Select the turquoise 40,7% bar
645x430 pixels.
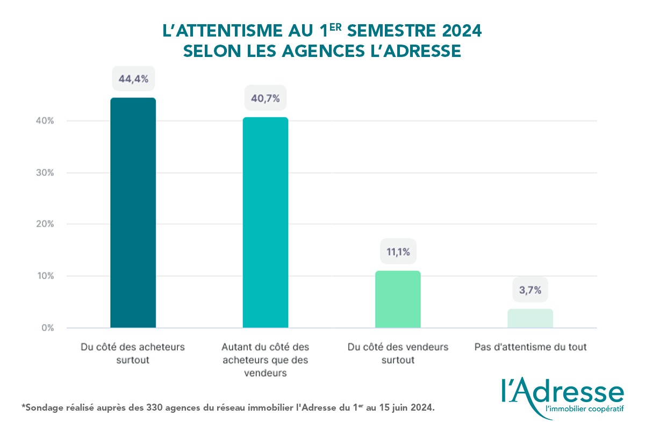[266, 223]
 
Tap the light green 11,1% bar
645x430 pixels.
[398, 299]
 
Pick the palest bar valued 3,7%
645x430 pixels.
[530, 318]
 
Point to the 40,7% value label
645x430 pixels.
[266, 99]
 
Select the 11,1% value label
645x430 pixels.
[398, 252]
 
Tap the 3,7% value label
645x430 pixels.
[530, 290]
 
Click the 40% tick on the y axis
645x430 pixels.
[45, 121]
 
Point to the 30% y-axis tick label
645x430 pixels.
[45, 173]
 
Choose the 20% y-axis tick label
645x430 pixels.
[45, 224]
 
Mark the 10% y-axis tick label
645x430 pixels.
[45, 276]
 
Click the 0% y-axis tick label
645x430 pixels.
[47, 327]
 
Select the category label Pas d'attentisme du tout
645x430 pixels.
[530, 347]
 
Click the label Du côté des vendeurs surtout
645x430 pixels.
[398, 354]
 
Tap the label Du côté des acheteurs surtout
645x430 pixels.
[133, 354]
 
